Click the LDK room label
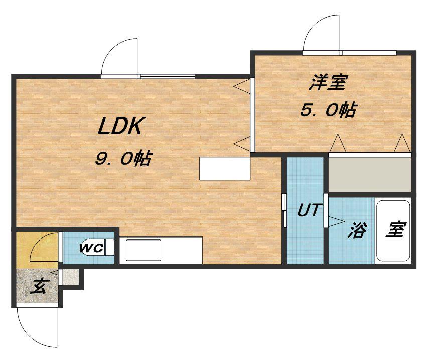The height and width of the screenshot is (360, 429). (121, 126)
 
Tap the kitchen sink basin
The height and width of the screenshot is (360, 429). (144, 250)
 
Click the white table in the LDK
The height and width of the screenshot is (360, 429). (224, 169)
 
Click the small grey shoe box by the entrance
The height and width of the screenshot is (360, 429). (71, 277)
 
